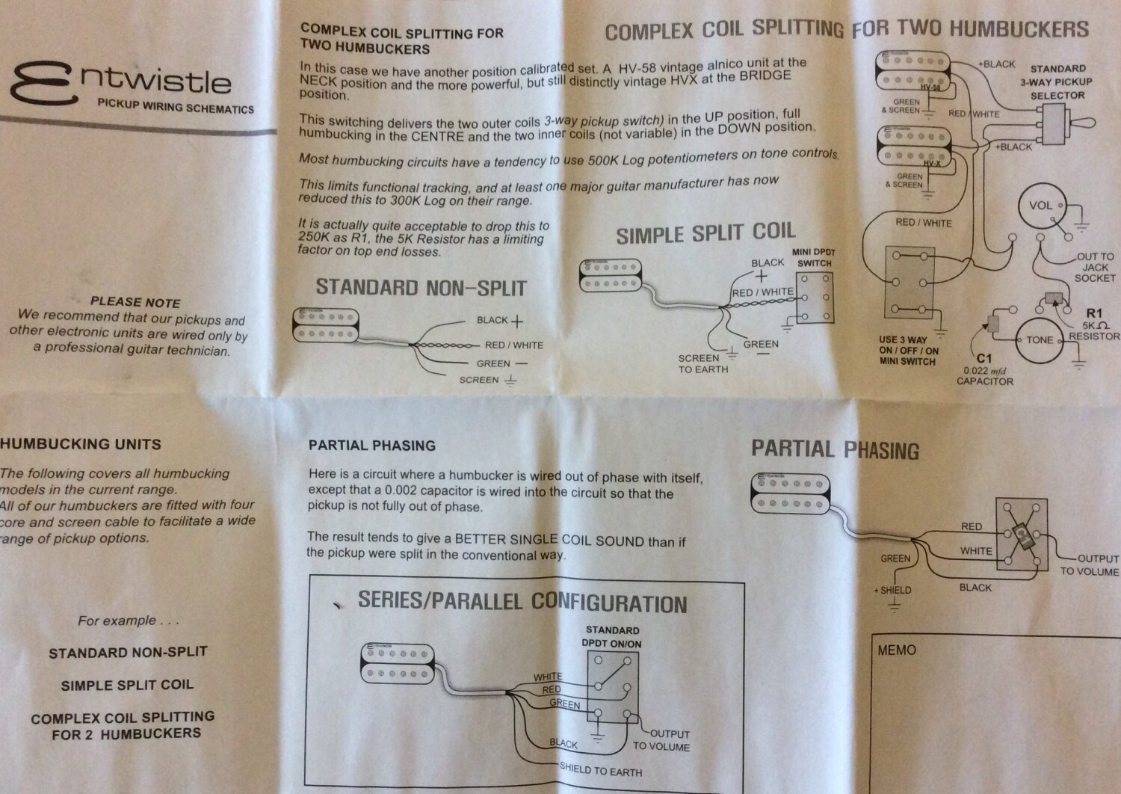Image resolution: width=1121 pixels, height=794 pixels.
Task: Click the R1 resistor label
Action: pos(1094,313)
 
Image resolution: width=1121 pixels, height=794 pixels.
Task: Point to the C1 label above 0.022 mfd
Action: pos(984,358)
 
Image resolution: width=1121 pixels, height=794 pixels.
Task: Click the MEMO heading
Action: pos(897,650)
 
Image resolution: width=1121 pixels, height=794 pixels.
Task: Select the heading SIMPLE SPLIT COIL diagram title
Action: pos(705,233)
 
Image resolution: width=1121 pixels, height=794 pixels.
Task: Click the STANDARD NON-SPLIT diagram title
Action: pos(421,288)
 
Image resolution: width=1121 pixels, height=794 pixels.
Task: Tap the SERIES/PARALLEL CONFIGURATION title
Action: pos(522,603)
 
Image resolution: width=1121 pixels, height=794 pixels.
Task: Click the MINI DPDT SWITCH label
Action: pos(814,257)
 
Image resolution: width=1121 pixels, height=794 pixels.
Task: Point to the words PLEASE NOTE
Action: pos(135,302)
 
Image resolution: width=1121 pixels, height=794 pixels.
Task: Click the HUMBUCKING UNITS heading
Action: pos(81,444)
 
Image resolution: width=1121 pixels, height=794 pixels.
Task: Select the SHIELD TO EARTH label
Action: pos(601,769)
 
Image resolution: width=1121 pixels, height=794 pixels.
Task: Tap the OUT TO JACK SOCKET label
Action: pos(1095,268)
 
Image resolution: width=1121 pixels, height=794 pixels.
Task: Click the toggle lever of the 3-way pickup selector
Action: pos(1081,122)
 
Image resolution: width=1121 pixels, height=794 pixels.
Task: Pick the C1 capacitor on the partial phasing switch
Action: pos(1024,535)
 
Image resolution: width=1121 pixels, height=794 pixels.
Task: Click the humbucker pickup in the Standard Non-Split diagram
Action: pos(326,325)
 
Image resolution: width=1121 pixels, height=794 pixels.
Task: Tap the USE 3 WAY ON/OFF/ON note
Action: pos(909,351)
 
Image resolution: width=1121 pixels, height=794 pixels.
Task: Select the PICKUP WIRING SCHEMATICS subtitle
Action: pos(176,106)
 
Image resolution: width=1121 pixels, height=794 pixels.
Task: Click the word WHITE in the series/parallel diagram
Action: pos(548,677)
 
